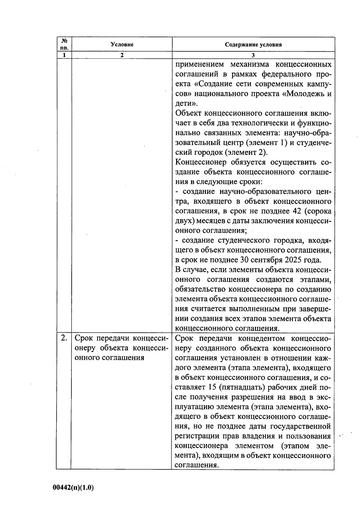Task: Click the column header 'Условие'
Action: click(x=122, y=45)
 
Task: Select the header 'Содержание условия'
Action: click(x=253, y=45)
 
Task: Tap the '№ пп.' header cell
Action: click(x=64, y=44)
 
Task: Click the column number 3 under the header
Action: click(x=253, y=55)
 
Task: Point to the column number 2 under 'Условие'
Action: click(x=122, y=55)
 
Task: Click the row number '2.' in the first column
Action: click(x=64, y=338)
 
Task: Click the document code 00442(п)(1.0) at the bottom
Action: click(x=73, y=488)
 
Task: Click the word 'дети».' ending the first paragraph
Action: click(x=186, y=104)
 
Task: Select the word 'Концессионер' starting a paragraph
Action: click(x=201, y=162)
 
